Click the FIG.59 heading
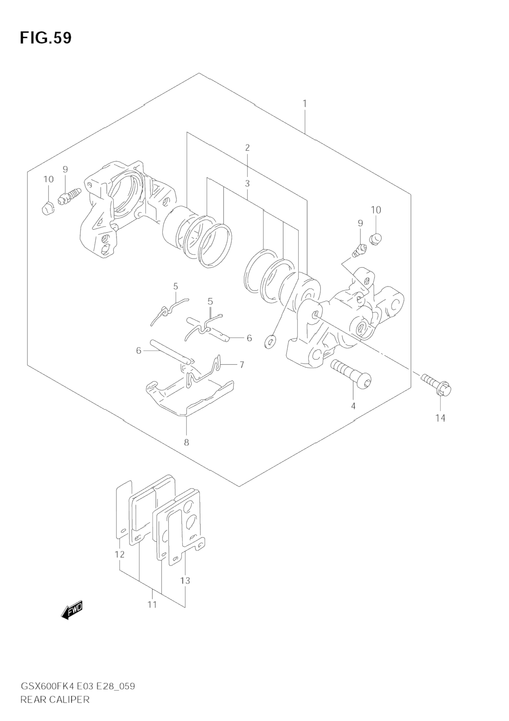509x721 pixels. coord(46,38)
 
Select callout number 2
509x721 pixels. coord(247,148)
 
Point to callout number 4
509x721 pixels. coord(353,406)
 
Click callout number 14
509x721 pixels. coord(440,418)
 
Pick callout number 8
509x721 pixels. coord(187,442)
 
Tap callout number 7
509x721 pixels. coord(242,365)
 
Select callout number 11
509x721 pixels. coord(152,604)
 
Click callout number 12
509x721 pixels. coord(120,555)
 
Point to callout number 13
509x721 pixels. coord(185,580)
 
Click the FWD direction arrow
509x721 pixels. coord(72,610)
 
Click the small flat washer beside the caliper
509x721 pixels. coord(270,342)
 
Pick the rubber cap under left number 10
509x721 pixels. coord(48,208)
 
